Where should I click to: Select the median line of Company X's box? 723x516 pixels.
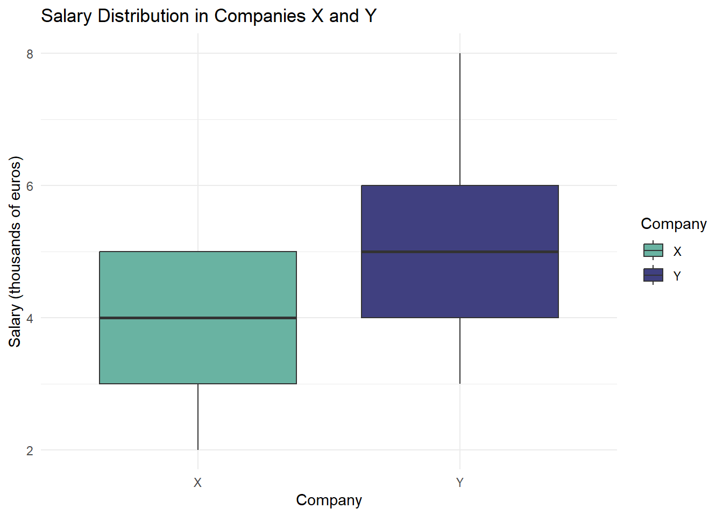198,318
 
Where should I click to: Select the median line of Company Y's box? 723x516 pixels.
460,252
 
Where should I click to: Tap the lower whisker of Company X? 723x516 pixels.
198,417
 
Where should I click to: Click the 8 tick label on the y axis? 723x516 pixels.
30,54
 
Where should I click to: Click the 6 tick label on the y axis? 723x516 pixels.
30,186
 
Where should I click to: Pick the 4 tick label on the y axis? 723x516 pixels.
30,318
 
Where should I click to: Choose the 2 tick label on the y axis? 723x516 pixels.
30,450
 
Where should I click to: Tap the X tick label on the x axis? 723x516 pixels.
198,483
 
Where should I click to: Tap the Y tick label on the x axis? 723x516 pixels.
460,483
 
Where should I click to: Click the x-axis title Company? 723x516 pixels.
329,500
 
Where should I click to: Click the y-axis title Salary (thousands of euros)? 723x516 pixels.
15,252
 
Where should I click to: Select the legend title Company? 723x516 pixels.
674,224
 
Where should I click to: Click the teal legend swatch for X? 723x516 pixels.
653,250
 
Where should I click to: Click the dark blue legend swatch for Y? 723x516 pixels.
653,275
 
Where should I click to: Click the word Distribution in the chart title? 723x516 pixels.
143,16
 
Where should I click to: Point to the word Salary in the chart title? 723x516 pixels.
67,16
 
